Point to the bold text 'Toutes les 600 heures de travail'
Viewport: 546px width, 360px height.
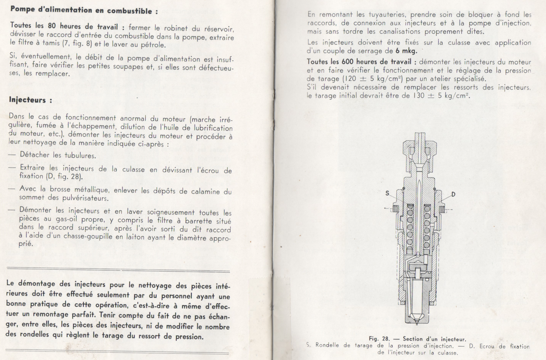coord(361,62)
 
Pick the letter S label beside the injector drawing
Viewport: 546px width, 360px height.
coord(387,194)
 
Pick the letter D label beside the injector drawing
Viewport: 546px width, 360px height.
coord(454,194)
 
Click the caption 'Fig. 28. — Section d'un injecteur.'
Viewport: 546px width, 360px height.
coord(417,339)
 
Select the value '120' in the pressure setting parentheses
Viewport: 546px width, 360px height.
coord(350,79)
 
